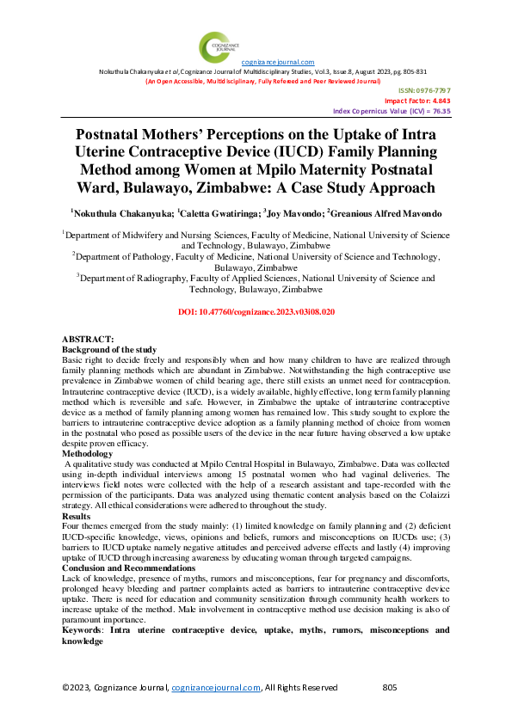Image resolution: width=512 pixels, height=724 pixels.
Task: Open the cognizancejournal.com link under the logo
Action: pos(278,63)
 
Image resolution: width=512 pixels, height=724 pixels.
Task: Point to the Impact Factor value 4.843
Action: pos(439,101)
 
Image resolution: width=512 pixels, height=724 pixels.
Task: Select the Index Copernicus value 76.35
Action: pos(440,111)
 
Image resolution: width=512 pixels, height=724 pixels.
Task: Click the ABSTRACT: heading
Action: pos(89,341)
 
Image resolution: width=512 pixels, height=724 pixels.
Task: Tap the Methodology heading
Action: pos(89,451)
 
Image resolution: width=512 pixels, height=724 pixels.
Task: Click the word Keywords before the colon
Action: pos(83,630)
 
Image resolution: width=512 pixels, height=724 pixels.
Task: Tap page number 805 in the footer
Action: pos(389,688)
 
